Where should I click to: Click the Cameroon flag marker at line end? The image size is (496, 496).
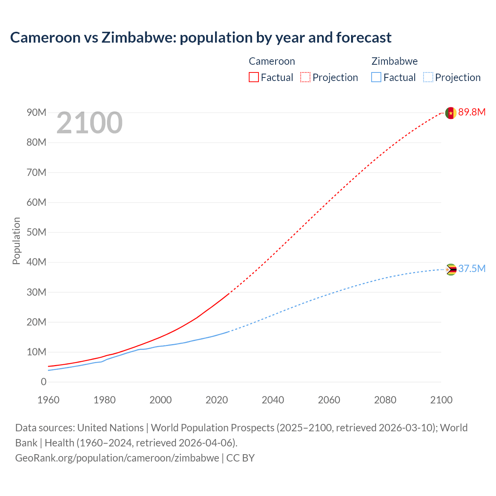click(x=450, y=113)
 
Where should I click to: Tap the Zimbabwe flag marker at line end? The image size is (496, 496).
click(x=451, y=269)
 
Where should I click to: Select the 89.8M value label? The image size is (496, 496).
click(x=472, y=112)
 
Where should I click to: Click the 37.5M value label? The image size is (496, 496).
click(x=472, y=269)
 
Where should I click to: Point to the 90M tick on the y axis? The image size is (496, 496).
click(x=36, y=112)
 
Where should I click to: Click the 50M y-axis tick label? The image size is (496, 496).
click(x=36, y=232)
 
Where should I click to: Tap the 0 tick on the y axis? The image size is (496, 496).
click(x=43, y=382)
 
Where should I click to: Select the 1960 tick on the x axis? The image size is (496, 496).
click(x=48, y=400)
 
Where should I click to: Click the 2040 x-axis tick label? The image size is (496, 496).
click(x=273, y=400)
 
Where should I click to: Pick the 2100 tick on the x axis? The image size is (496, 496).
click(x=441, y=400)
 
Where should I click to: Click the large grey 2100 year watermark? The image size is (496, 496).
click(x=90, y=123)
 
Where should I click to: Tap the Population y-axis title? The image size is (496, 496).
click(x=16, y=241)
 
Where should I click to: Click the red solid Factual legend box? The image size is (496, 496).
click(x=253, y=77)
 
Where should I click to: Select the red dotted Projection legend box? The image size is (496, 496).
click(x=305, y=77)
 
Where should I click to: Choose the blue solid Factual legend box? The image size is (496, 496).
click(x=376, y=77)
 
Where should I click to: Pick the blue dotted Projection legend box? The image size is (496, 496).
click(x=428, y=77)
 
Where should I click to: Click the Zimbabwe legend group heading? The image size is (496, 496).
click(x=394, y=61)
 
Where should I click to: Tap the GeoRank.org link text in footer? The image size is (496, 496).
click(x=117, y=458)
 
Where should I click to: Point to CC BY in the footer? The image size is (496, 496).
click(x=240, y=458)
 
